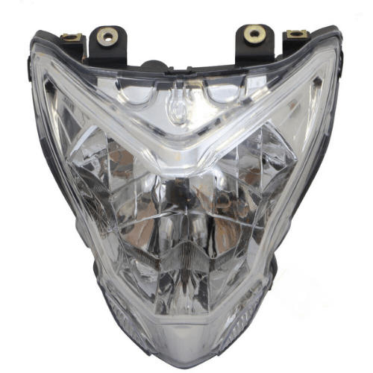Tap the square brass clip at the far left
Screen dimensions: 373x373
(72, 37)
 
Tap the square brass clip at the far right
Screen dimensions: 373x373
(295, 34)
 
